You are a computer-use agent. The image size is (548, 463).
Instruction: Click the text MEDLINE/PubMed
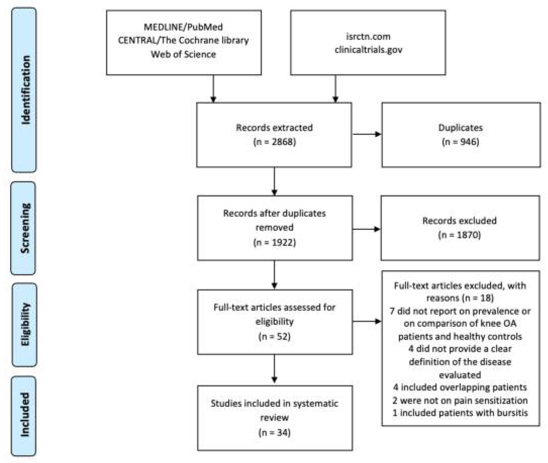[x=183, y=27]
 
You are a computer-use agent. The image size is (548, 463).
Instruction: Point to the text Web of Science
[x=183, y=54]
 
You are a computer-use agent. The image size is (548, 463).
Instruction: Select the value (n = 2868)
[x=274, y=142]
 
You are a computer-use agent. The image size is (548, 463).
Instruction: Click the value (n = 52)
[x=274, y=336]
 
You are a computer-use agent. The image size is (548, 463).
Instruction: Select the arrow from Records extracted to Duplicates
[x=367, y=134]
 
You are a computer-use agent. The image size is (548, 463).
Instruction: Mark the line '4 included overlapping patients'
[x=460, y=387]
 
